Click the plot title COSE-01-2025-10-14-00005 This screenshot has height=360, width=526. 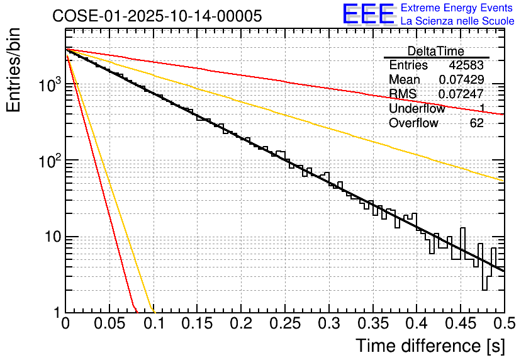(157, 16)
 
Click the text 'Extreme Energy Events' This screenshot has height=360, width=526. (456, 8)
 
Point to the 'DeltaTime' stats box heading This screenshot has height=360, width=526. (436, 51)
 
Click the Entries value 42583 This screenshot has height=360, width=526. (466, 65)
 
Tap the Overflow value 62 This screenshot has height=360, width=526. (477, 123)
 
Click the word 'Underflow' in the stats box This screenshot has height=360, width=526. (417, 109)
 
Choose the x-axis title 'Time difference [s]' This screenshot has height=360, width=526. (430, 346)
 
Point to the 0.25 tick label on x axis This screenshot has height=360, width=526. (286, 325)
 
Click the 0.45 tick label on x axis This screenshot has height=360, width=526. (461, 325)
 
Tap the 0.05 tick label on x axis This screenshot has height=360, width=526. (110, 325)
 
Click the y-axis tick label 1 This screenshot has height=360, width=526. (56, 313)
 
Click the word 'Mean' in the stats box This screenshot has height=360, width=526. (405, 80)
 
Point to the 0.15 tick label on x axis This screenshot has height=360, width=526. (198, 325)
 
